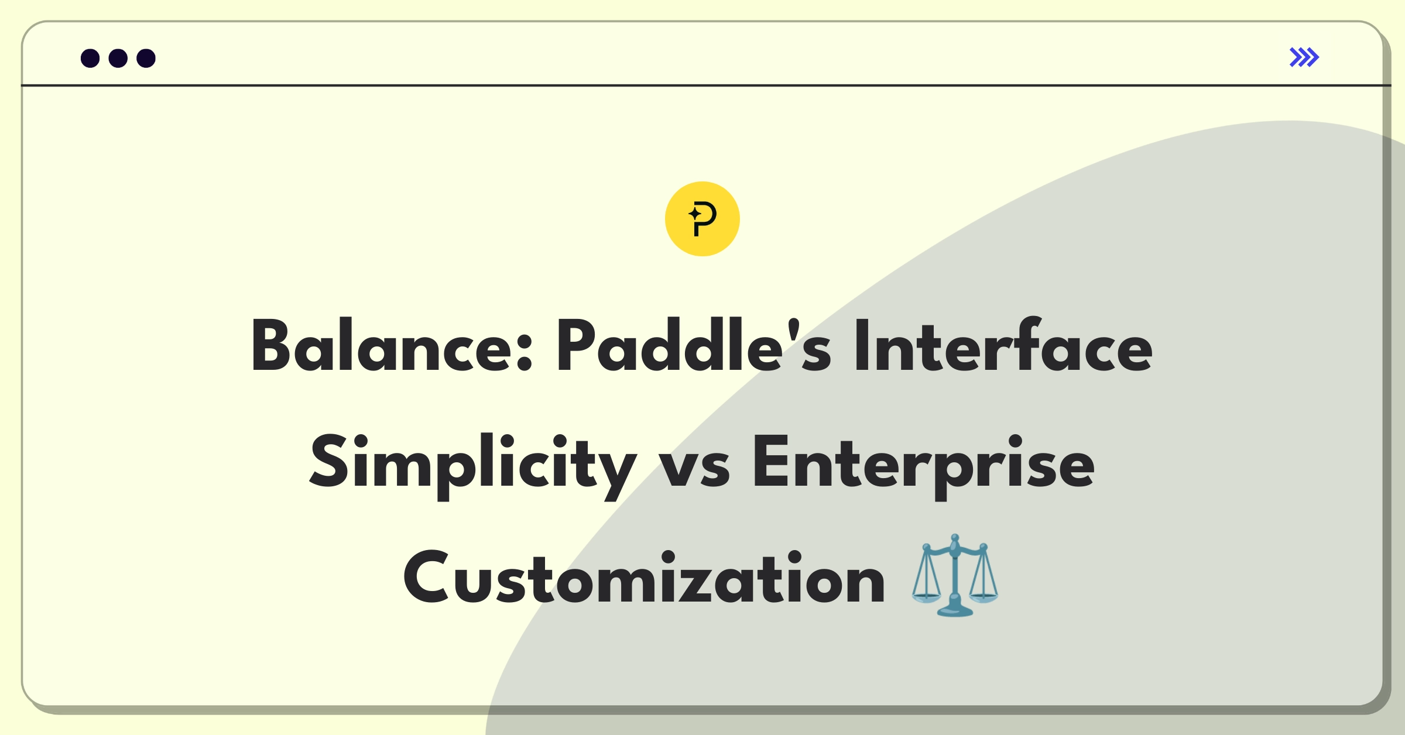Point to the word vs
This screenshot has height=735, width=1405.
(x=694, y=471)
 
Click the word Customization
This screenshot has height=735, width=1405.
(x=644, y=578)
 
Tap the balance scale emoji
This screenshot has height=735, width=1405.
(x=955, y=575)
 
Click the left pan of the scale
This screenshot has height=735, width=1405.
(x=926, y=597)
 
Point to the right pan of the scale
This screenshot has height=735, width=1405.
(x=984, y=597)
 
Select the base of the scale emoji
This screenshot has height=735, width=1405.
(x=955, y=609)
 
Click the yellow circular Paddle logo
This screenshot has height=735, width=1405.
(x=702, y=219)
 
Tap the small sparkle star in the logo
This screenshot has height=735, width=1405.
(x=695, y=214)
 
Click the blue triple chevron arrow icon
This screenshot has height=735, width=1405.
(x=1304, y=57)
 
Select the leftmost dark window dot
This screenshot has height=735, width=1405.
(x=90, y=59)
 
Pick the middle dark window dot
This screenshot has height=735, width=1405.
(x=118, y=59)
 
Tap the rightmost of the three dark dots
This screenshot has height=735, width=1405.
(x=146, y=59)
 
